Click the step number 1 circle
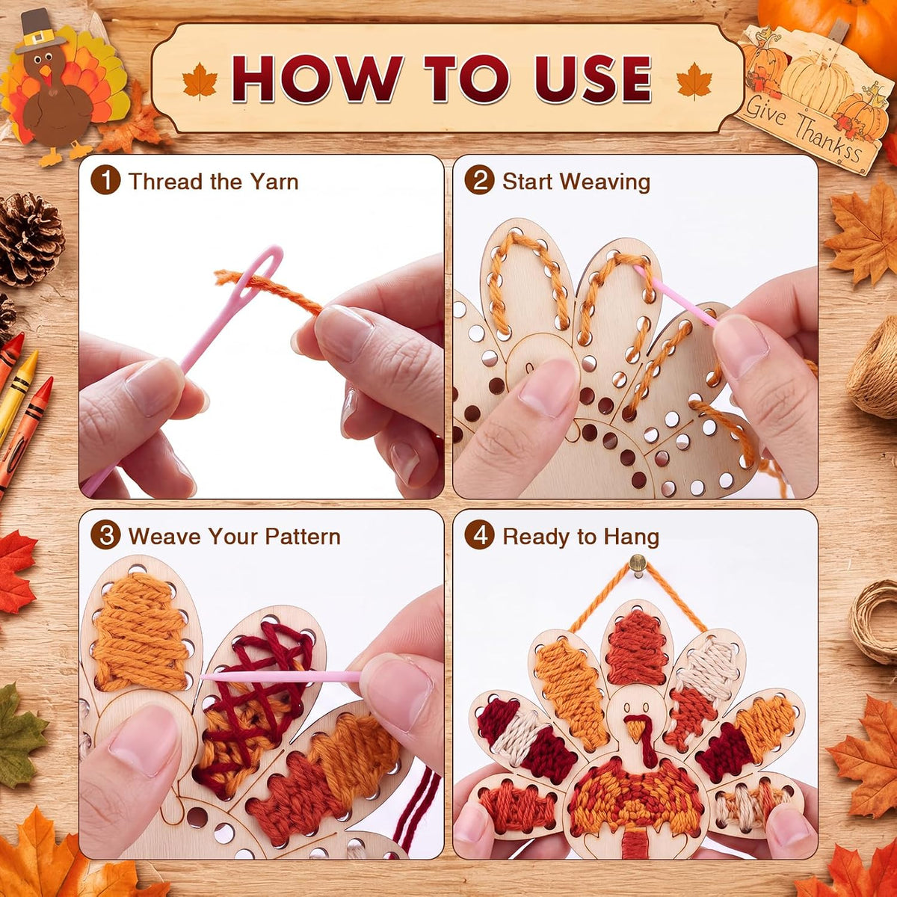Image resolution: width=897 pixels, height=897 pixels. click(105, 180)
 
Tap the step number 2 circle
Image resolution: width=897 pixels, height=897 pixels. click(479, 180)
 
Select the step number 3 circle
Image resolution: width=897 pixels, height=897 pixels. click(105, 535)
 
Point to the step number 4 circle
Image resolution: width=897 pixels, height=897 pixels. click(479, 535)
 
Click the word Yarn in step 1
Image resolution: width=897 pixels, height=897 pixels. click(274, 182)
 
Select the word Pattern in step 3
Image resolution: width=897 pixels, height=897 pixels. click(303, 536)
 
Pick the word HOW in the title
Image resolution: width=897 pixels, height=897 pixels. click(317, 78)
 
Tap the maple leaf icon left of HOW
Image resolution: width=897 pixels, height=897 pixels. click(200, 81)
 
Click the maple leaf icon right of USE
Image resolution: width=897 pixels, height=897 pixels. click(694, 81)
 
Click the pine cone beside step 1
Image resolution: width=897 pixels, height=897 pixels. click(29, 238)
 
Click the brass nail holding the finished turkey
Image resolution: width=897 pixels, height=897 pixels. click(638, 564)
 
